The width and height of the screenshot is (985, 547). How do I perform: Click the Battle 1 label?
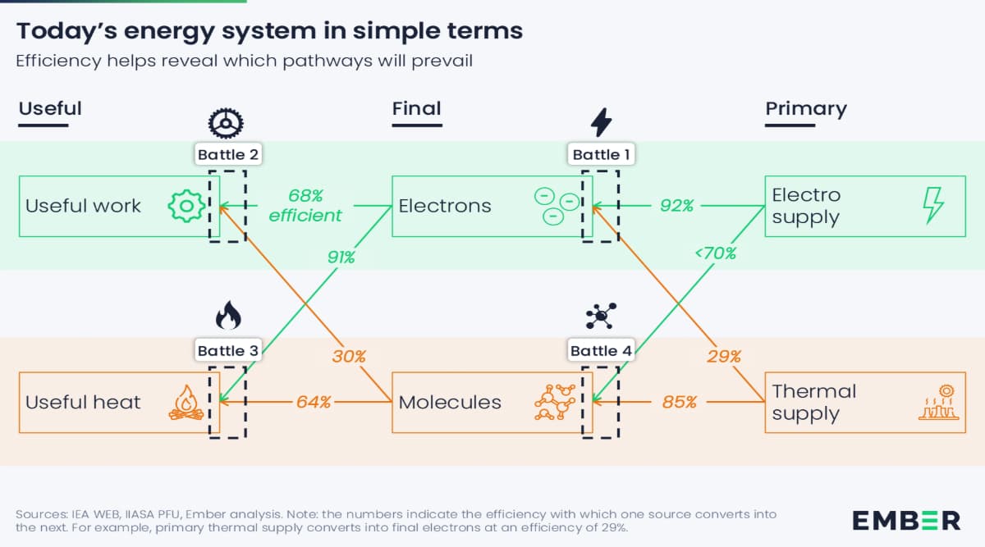(602, 154)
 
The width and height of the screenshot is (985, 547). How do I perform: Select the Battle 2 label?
(228, 154)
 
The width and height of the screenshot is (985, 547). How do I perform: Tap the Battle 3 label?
(228, 351)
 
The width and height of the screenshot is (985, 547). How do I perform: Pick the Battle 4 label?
(602, 351)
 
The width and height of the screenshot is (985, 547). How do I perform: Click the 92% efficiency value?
(677, 206)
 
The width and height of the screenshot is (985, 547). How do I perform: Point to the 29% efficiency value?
(724, 356)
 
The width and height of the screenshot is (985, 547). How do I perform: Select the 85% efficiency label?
(680, 402)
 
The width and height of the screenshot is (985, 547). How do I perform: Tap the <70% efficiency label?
(715, 253)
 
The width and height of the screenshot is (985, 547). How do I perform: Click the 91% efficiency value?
(341, 257)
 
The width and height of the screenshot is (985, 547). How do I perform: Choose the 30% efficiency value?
(349, 356)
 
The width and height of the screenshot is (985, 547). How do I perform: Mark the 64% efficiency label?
(314, 402)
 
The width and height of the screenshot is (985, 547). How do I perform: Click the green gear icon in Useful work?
(186, 206)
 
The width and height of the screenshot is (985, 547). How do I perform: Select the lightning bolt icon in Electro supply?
(934, 205)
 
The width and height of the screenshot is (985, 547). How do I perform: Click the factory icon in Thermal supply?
(937, 402)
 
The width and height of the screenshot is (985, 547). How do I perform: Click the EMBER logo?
(905, 520)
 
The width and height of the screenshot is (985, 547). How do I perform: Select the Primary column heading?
(805, 109)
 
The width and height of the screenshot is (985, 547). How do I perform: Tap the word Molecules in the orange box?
(450, 402)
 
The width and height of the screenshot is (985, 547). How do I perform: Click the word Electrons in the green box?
(445, 206)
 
